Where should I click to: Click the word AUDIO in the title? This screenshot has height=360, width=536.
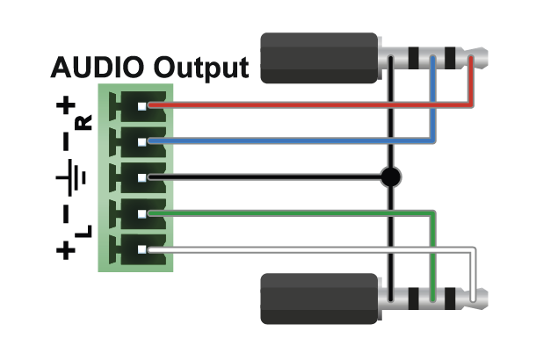click(x=98, y=68)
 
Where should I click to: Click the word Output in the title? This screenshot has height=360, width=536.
click(x=201, y=68)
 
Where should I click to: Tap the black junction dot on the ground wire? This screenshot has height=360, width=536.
click(x=391, y=177)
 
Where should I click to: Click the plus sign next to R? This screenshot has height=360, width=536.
click(x=65, y=108)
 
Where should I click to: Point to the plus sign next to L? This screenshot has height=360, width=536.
click(x=65, y=250)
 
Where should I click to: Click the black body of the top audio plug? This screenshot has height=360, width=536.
click(x=318, y=59)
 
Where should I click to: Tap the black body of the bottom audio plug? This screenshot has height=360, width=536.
click(x=318, y=299)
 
